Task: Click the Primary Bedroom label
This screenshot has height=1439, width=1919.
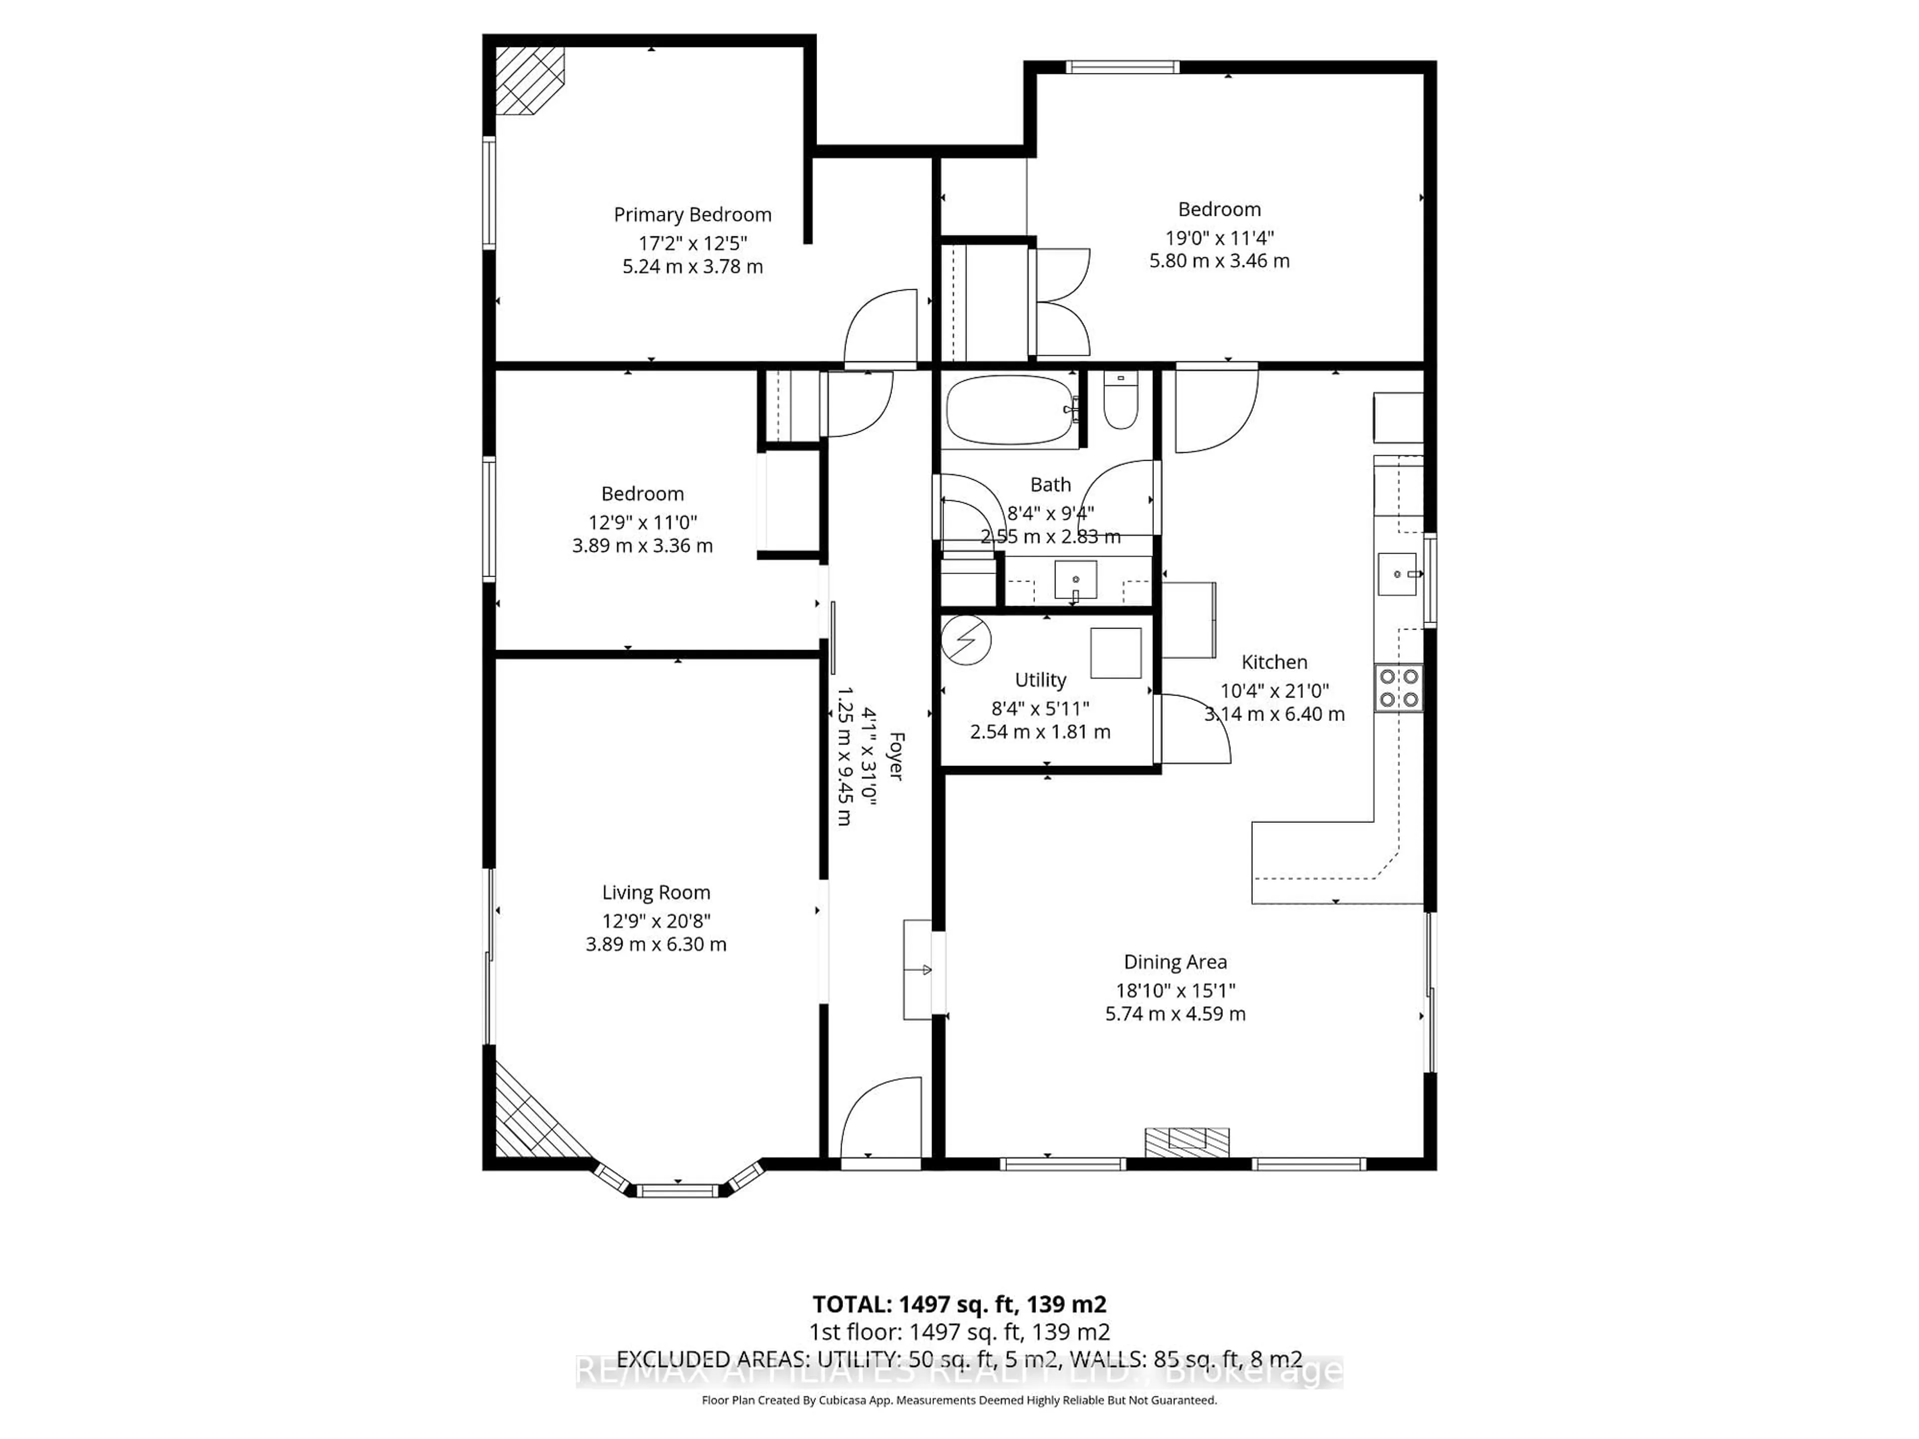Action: (692, 214)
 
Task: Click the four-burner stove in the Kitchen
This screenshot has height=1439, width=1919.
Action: (1398, 688)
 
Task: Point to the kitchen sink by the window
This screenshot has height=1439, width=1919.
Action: (1397, 574)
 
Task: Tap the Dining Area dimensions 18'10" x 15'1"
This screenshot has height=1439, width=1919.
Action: (1175, 990)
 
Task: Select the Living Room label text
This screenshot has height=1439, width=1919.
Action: (656, 892)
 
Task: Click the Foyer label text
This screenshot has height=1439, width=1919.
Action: (896, 756)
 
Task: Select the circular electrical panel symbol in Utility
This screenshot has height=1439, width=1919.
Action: (965, 640)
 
